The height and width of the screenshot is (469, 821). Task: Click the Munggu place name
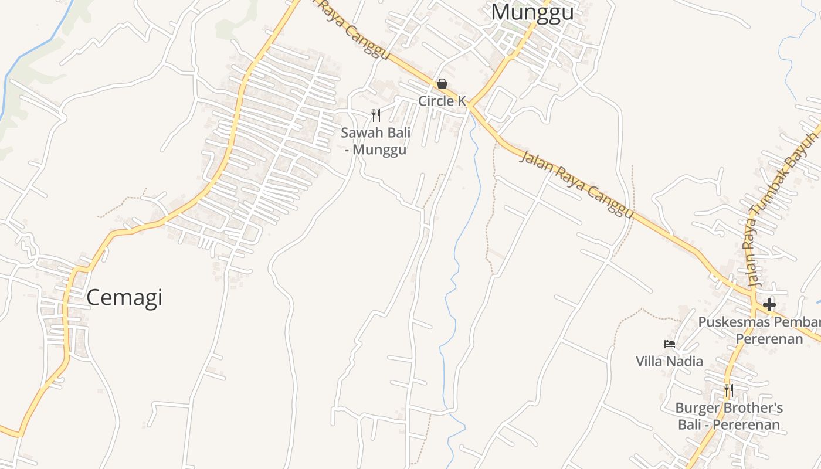(x=532, y=12)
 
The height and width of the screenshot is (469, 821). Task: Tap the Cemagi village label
(x=124, y=298)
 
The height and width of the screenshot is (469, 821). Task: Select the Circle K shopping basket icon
(x=442, y=84)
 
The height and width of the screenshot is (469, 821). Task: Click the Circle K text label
(x=442, y=101)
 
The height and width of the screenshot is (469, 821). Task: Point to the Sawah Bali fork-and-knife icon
(x=376, y=115)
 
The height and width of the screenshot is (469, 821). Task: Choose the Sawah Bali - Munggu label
(x=375, y=141)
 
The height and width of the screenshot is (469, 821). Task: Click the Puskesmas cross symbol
(x=769, y=305)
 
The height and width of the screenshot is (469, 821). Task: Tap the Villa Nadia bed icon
(x=669, y=344)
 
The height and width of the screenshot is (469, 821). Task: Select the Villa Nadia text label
(x=669, y=361)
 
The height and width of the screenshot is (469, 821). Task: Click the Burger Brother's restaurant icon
(x=728, y=390)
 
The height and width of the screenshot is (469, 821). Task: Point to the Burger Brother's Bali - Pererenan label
(x=729, y=416)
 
